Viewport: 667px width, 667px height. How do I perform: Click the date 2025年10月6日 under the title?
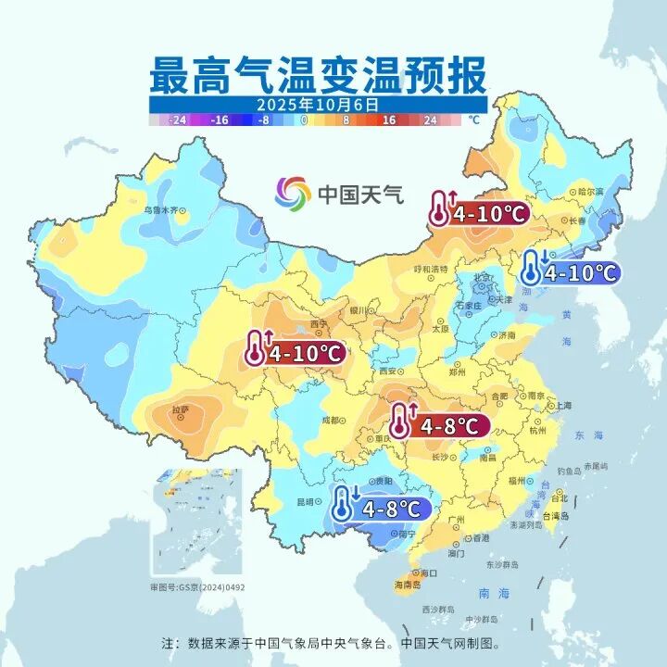click(318, 104)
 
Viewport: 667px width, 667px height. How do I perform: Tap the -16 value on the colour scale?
click(220, 120)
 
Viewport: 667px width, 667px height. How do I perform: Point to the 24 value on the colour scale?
click(430, 120)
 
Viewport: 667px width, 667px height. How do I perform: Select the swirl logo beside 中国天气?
click(293, 194)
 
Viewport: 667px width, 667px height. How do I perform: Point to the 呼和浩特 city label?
click(429, 269)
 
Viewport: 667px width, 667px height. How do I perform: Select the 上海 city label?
click(559, 406)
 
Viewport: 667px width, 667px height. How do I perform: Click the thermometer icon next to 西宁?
click(255, 348)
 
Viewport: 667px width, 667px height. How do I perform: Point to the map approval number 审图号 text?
click(198, 586)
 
